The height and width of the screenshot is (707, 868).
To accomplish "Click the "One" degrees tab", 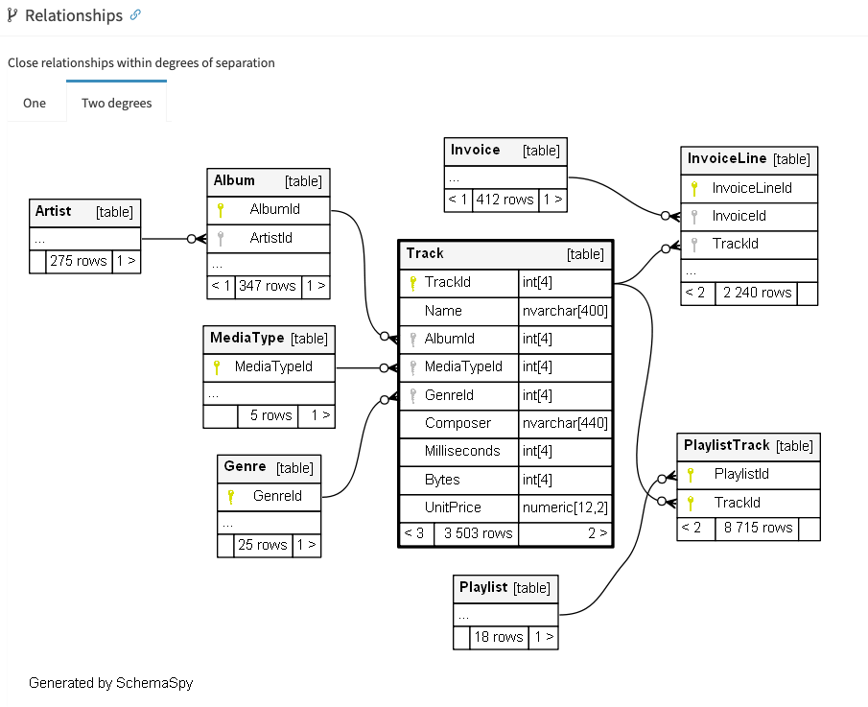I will (35, 103).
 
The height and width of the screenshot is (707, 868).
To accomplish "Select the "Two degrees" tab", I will (116, 103).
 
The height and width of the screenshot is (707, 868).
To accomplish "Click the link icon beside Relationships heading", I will (135, 15).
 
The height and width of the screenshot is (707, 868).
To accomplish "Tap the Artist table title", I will (54, 211).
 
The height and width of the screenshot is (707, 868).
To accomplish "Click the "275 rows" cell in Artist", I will (78, 261).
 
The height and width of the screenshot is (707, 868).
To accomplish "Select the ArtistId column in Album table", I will (270, 238).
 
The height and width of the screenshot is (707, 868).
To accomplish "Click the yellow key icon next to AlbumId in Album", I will (220, 209).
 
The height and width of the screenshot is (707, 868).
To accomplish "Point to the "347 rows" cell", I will (267, 286).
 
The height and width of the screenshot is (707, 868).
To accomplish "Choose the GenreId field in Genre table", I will (277, 496).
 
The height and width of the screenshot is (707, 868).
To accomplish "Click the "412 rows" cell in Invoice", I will (504, 200).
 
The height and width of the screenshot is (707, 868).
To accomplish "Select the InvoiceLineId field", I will (752, 188).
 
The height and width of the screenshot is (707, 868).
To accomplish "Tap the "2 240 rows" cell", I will (757, 293).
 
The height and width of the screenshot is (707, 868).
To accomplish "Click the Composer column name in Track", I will (457, 423).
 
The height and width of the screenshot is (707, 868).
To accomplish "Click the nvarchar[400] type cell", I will (564, 311).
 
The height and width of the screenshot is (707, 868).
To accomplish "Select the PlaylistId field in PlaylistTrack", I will (741, 474).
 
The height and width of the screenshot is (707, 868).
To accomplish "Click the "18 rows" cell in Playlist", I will (499, 637).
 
